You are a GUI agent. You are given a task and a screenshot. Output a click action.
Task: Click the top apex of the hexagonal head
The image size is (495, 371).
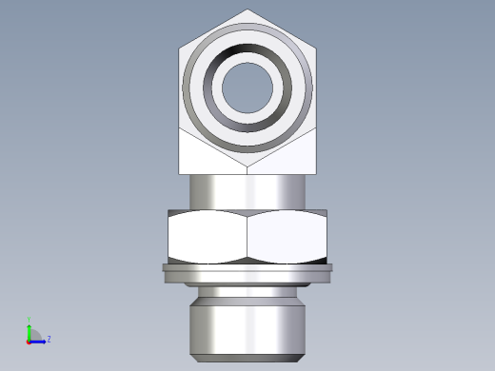click(247, 10)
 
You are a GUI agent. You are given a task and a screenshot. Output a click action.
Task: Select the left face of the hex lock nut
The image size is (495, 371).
click(208, 238)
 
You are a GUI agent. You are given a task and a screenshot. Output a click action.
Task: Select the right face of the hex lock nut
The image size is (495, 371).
click(287, 238)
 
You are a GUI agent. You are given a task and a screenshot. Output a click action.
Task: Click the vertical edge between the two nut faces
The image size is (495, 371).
click(247, 238)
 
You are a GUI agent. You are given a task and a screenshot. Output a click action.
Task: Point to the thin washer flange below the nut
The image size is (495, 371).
click(247, 270)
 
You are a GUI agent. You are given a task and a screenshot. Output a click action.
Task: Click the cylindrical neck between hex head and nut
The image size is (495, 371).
click(247, 191)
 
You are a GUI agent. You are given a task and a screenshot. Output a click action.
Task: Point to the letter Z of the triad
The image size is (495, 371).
click(49, 339)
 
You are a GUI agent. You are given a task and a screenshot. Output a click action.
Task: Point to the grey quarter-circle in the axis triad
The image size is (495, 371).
click(33, 334)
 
